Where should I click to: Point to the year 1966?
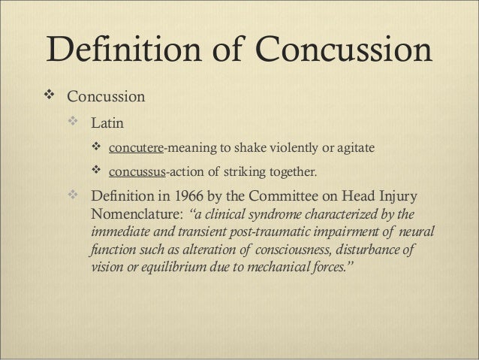191,199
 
